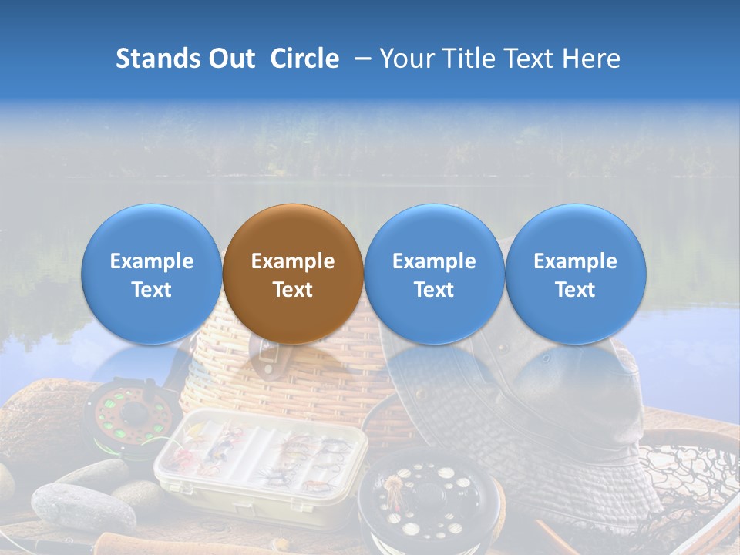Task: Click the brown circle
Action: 293,274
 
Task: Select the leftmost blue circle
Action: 151,274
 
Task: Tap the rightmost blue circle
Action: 576,274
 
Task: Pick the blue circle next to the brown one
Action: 434,274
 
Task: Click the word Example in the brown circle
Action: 293,261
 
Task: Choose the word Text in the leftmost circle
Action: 151,290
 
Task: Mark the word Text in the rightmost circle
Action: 576,290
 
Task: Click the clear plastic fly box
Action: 258,462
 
